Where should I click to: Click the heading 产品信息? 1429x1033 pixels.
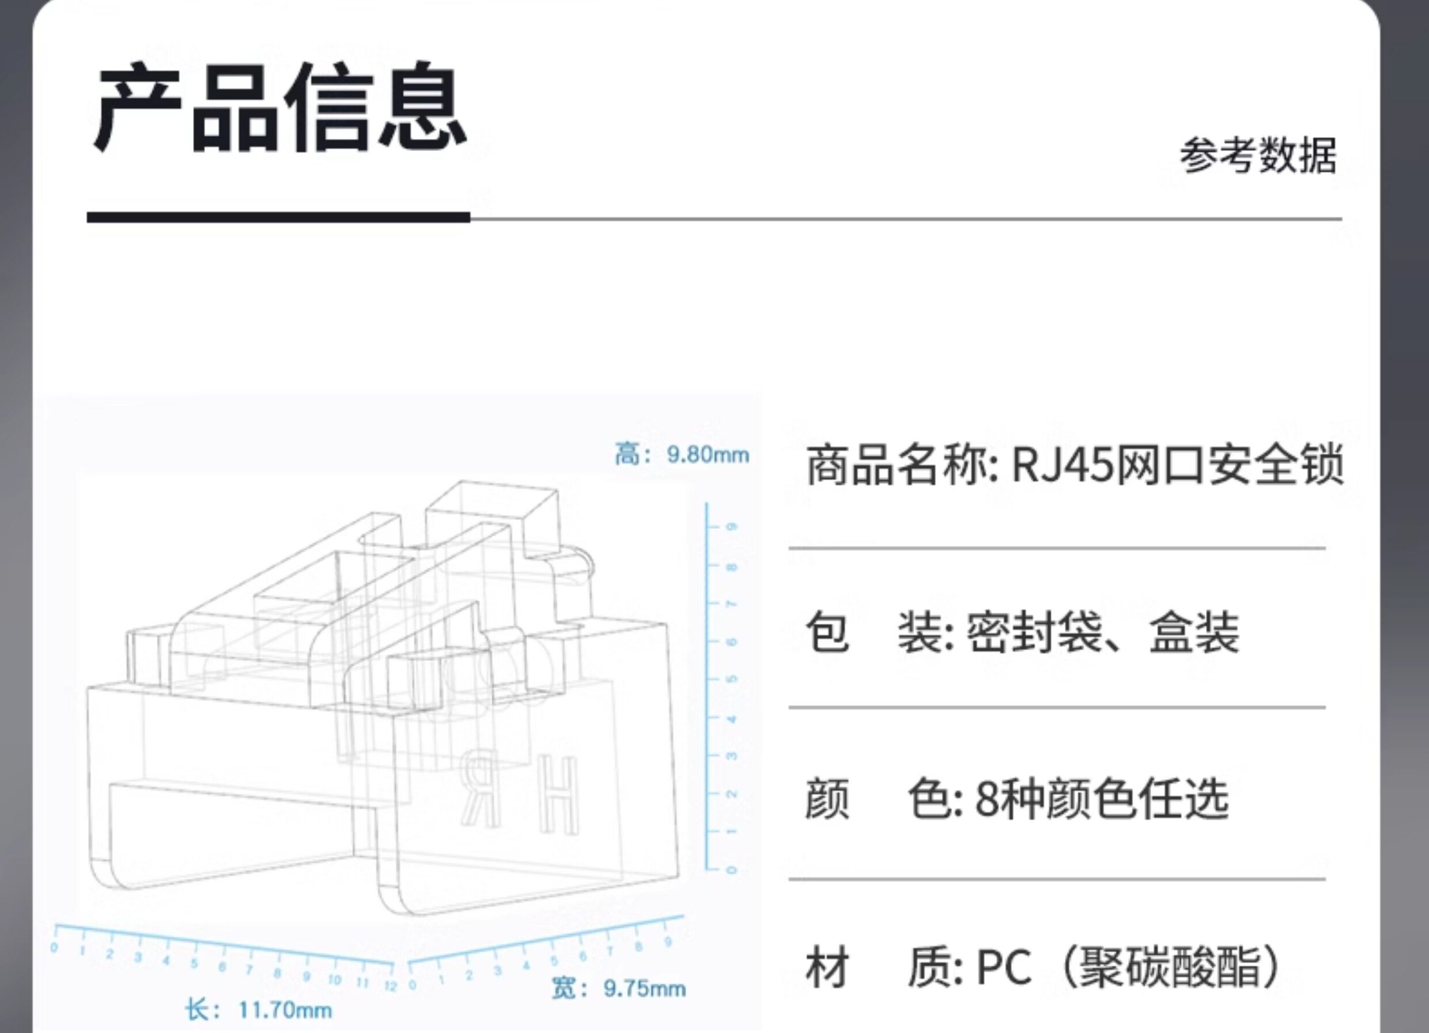(x=280, y=107)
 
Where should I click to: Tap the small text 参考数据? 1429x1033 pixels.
(x=1258, y=156)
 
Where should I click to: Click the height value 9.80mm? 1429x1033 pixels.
(x=708, y=454)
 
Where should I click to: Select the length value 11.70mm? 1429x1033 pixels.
(x=285, y=1011)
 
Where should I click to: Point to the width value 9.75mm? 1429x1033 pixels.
(x=645, y=988)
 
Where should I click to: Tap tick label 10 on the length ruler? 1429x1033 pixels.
(x=334, y=980)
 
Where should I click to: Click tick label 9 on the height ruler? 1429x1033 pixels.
(x=731, y=527)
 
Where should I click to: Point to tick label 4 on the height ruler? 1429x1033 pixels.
(x=731, y=718)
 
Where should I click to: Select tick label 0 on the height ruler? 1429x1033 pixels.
(x=731, y=870)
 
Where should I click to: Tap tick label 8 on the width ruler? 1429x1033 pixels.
(x=639, y=947)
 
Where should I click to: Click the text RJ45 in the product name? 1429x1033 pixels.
(x=1063, y=465)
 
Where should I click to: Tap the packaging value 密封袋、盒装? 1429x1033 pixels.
(x=1103, y=632)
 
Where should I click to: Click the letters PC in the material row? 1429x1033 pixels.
(x=1004, y=967)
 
